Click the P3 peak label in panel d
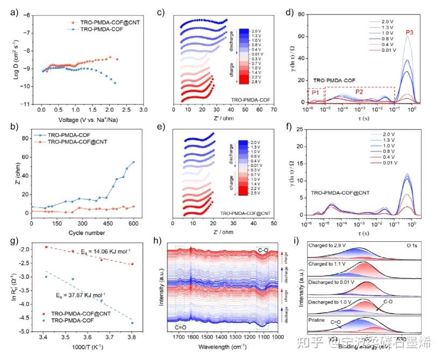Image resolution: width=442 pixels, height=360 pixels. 410,32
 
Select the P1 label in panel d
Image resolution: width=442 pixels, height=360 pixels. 316,93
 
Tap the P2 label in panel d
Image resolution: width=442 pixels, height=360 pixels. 360,92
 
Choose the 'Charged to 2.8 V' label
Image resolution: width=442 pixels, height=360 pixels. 329,245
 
